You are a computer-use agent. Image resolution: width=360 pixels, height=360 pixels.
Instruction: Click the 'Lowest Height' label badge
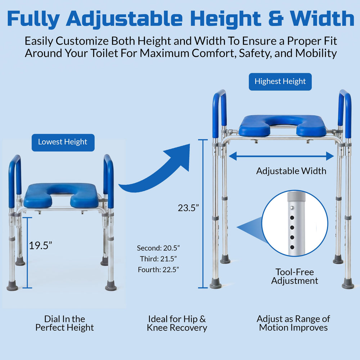click(63, 143)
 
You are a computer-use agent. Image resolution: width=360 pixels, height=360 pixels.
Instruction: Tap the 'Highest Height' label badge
click(280, 82)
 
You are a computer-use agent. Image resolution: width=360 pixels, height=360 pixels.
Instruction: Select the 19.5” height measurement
click(40, 246)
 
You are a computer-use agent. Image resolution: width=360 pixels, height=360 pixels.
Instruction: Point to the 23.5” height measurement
click(188, 208)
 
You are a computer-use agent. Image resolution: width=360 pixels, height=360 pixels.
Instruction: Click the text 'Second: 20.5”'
click(158, 248)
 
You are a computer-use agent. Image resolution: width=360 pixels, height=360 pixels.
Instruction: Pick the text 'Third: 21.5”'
click(158, 259)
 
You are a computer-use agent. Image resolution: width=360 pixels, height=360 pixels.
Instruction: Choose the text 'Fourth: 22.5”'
click(158, 270)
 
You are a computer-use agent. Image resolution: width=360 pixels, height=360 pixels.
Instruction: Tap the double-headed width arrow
click(281, 156)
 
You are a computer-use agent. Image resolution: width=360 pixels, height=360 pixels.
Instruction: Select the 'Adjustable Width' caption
click(291, 171)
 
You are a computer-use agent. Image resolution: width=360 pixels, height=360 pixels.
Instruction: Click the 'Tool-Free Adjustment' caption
click(294, 276)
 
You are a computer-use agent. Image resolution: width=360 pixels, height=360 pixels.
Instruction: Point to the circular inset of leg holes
click(295, 223)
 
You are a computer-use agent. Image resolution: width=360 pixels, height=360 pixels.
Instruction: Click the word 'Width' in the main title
click(322, 19)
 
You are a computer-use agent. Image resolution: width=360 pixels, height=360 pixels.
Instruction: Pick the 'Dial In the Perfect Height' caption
click(64, 323)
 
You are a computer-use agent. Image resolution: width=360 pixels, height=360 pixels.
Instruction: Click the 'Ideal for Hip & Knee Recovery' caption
click(177, 323)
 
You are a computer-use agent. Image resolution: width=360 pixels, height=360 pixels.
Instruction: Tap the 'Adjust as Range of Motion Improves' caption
click(293, 323)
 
